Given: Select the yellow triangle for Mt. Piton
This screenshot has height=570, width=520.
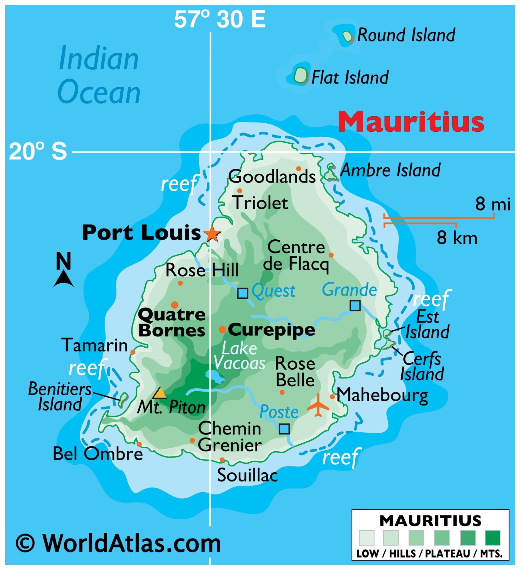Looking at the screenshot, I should tap(160, 393).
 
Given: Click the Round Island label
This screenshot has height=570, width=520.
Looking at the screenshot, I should tap(406, 35).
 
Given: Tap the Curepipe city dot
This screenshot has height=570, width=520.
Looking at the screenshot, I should tap(222, 329).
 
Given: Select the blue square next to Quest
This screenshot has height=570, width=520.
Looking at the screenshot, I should tap(243, 293).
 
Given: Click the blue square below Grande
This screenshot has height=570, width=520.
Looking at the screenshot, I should tap(355, 306).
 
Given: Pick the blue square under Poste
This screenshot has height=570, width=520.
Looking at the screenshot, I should tap(284, 429).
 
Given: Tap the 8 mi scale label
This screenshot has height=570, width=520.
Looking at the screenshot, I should tap(492, 204).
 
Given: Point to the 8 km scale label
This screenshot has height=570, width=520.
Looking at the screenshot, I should tap(457, 238).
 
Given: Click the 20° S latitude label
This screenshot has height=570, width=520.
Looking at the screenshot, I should tap(38, 152).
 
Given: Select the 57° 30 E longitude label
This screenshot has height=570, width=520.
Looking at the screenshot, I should tap(220, 20).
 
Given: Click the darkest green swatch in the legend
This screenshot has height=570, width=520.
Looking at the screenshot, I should tap(492, 537).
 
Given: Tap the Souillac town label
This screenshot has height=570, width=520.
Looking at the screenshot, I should tap(247, 475).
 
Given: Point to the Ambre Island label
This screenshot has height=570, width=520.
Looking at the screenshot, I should tap(390, 170).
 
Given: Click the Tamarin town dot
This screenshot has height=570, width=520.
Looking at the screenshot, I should tap(133, 352).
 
